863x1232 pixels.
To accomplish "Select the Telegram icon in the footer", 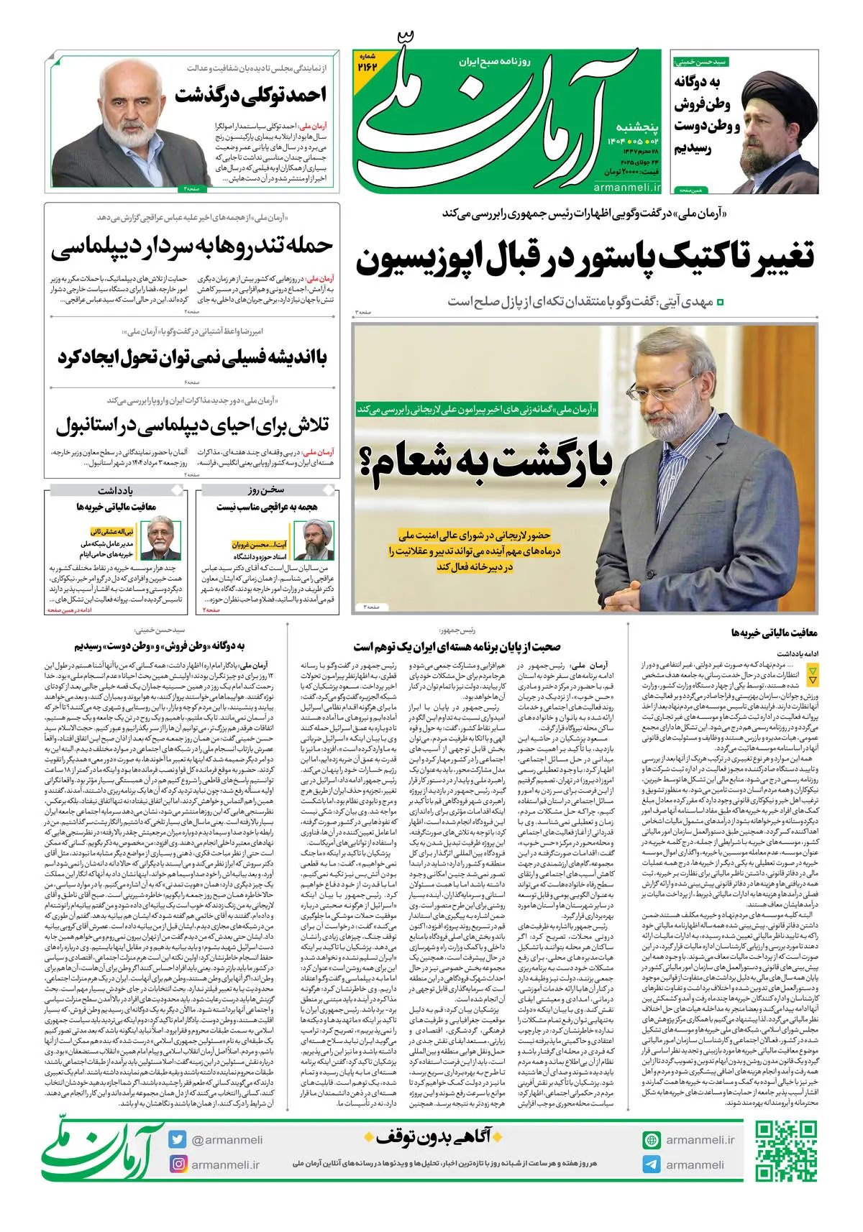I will click(652, 1164).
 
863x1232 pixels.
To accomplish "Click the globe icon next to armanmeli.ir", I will click(652, 1140).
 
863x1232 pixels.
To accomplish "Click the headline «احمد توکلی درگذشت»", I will click(250, 95).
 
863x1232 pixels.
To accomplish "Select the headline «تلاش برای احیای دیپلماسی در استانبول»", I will click(192, 426).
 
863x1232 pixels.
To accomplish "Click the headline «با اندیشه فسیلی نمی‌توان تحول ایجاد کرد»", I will click(192, 357).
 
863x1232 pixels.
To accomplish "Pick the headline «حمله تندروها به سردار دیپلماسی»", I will click(192, 247).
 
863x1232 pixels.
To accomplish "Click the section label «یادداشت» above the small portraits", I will click(115, 490).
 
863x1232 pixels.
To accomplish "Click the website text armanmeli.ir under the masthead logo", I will click(627, 188).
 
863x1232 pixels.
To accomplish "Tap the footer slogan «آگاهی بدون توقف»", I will click(434, 1137).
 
